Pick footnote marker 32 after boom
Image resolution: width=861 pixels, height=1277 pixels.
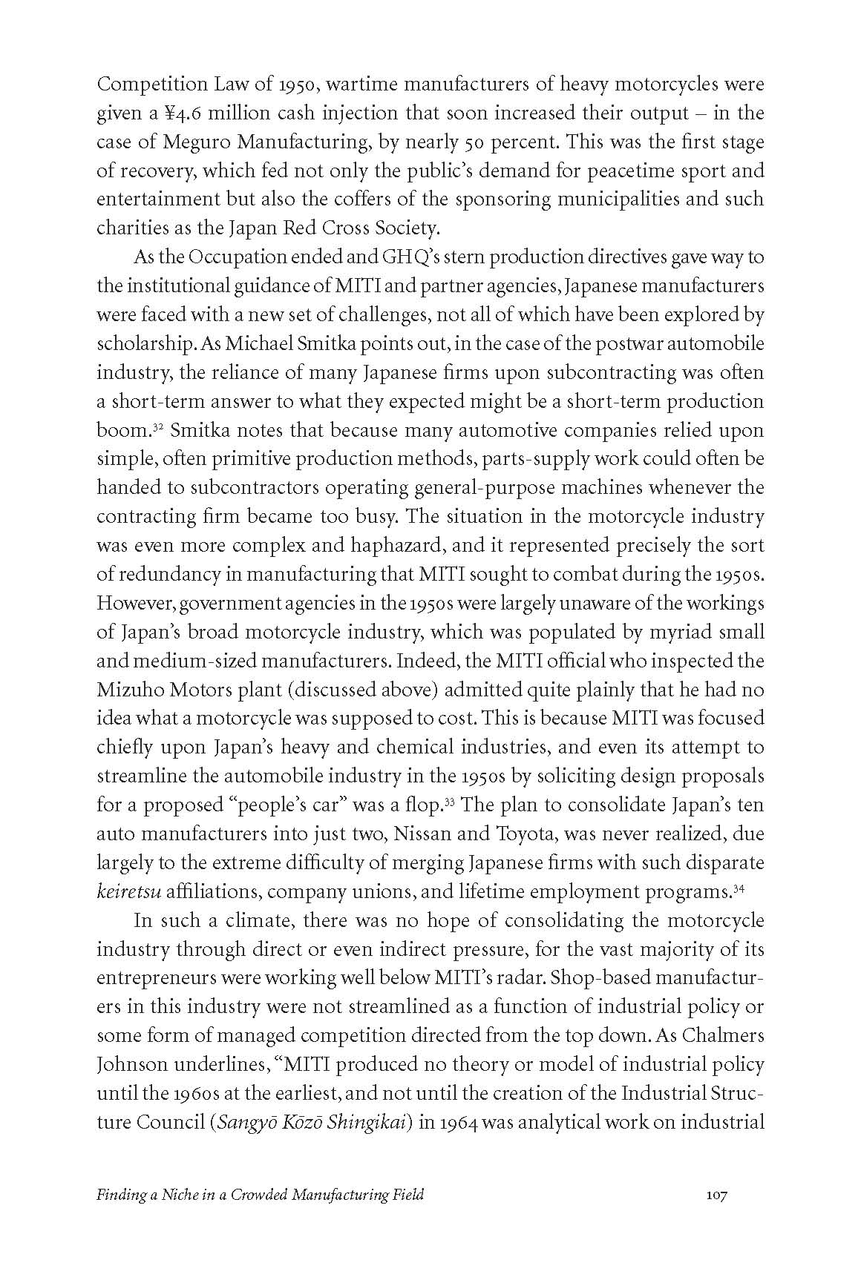pos(158,427)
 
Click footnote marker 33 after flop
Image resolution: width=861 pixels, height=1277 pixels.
pos(450,802)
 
